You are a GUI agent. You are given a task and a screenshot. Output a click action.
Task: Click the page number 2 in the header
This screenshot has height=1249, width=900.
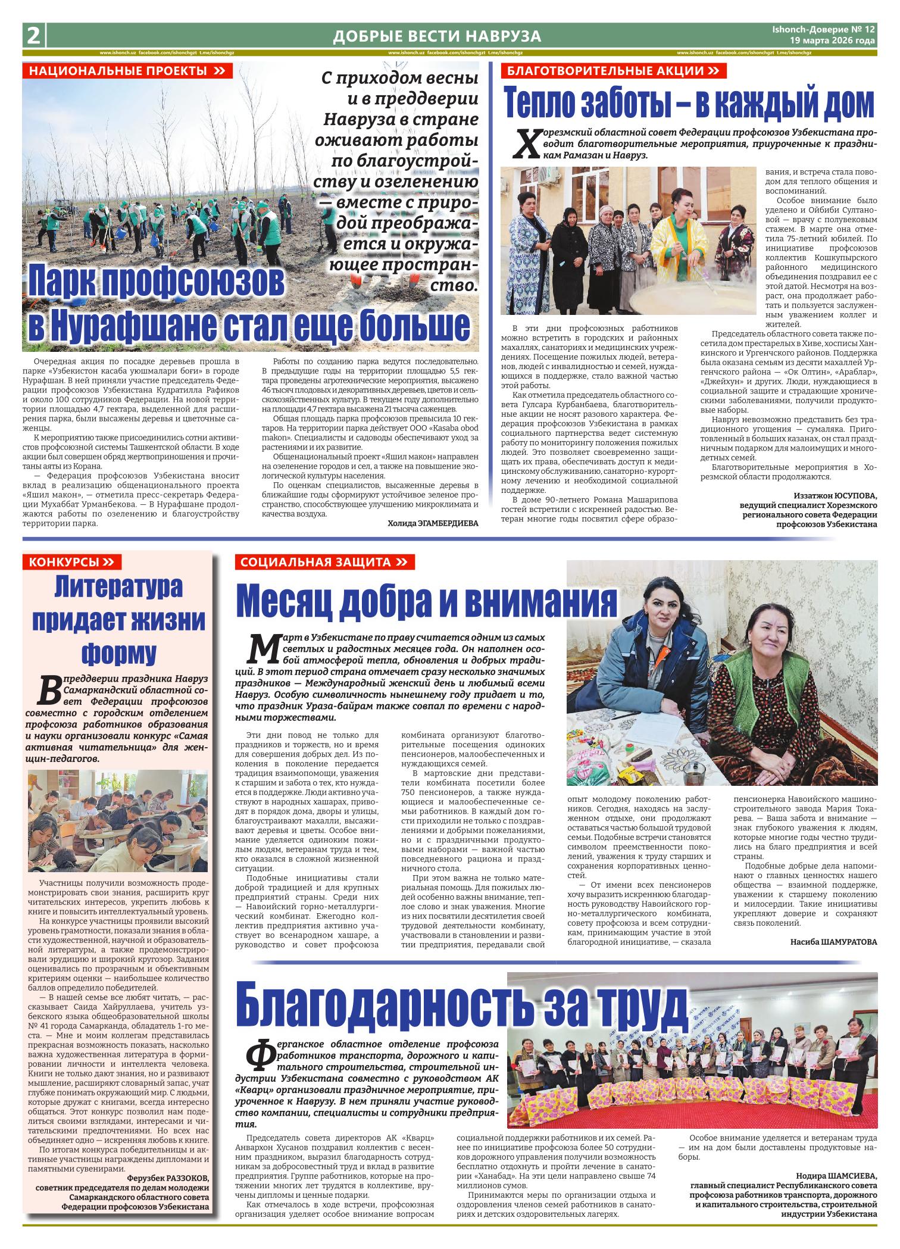(33, 36)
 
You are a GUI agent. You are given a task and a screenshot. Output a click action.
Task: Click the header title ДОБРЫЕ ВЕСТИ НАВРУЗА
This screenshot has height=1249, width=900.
(437, 37)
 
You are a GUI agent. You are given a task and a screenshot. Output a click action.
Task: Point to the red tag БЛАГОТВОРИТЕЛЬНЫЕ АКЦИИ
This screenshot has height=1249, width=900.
(614, 71)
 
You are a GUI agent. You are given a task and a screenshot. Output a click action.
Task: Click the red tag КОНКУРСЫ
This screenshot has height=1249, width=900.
(71, 562)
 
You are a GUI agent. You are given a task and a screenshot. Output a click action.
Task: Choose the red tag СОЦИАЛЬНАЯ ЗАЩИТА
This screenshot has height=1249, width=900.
(324, 562)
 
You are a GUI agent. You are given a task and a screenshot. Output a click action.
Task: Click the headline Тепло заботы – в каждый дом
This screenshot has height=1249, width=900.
(690, 103)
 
